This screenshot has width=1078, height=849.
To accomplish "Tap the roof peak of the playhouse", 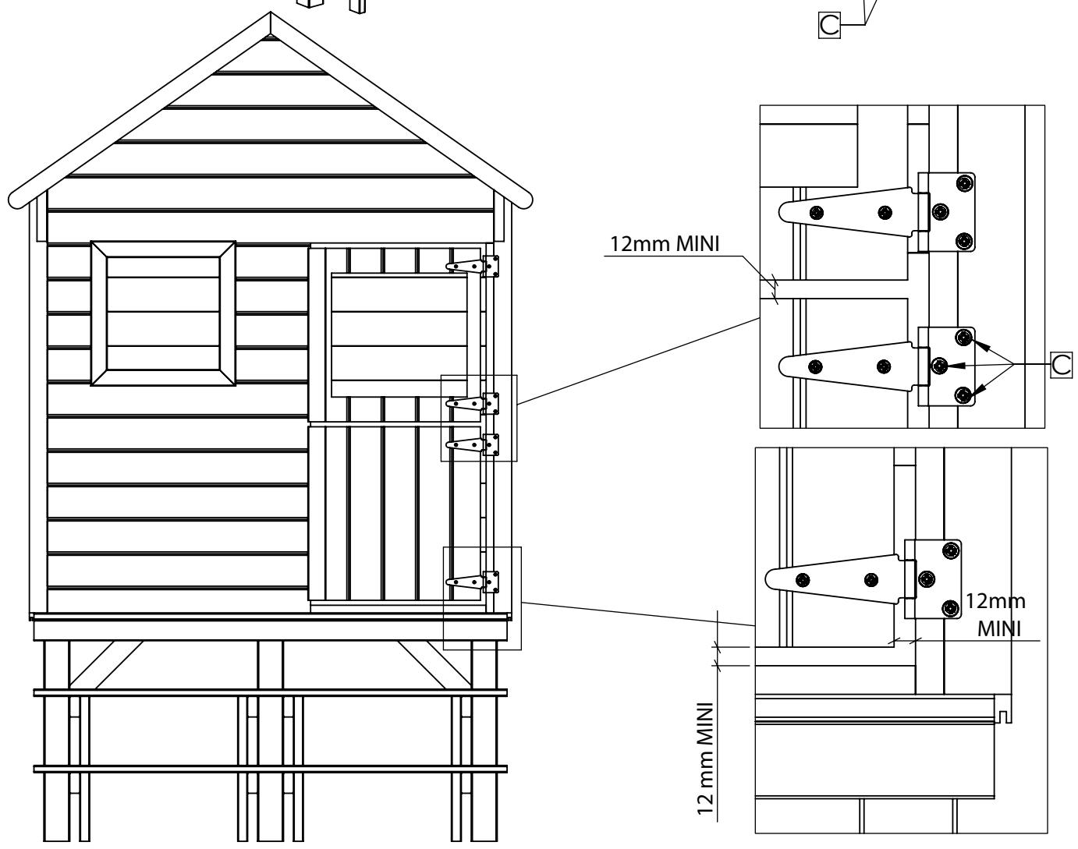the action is coord(271,13).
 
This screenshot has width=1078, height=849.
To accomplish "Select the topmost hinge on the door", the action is coord(473,267).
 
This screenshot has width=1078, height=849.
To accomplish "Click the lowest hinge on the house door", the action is coord(473,582).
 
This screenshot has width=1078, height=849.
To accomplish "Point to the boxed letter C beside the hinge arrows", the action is coord(1061,365).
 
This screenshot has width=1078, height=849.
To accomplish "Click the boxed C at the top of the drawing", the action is coord(829,25).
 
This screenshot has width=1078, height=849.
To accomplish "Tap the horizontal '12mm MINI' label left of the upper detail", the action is coord(665,244).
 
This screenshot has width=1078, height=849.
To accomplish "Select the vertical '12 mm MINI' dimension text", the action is coord(705,759).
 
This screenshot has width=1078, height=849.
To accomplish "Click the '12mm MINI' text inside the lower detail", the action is coord(997,615).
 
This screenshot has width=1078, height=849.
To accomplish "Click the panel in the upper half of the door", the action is coord(399,335).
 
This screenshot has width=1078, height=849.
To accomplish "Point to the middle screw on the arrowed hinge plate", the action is coord(939,366).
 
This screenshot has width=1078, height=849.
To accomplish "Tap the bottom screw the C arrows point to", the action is coord(963,395).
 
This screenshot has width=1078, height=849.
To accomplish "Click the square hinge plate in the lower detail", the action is coord(933,579).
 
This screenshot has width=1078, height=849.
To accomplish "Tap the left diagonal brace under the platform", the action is coord(106,664).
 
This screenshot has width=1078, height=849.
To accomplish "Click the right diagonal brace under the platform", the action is coord(434,664).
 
